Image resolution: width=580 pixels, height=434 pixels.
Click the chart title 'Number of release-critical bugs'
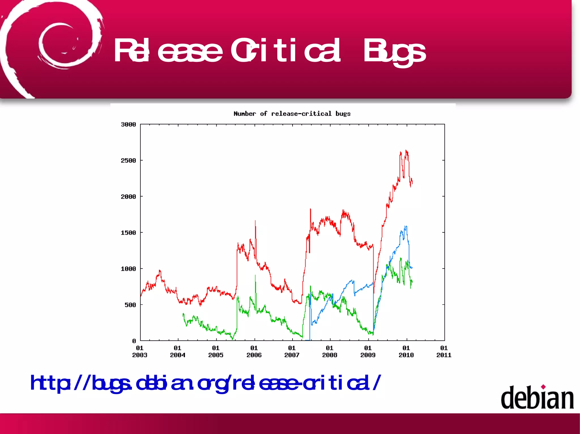(292, 114)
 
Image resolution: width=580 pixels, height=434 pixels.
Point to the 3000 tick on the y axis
(128, 124)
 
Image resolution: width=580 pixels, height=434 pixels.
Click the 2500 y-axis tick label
(128, 161)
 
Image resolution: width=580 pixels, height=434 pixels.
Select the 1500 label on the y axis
(128, 233)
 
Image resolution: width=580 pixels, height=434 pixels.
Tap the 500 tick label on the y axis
(130, 305)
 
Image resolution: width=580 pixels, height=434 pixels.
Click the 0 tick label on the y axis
(134, 341)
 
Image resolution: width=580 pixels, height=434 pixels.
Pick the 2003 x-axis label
(140, 355)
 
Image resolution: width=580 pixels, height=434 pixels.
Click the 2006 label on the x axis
(254, 355)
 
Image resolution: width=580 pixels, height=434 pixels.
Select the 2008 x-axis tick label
(330, 355)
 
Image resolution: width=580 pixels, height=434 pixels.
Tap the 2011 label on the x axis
(444, 355)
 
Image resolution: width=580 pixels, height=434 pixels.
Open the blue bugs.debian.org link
(205, 383)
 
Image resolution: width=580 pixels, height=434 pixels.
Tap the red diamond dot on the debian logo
(543, 387)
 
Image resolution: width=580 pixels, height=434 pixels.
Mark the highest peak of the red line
(406, 150)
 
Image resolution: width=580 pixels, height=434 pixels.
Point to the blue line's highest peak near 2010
(406, 226)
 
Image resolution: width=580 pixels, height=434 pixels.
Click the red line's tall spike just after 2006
(255, 221)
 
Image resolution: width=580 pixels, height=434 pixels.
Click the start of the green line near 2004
(184, 314)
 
